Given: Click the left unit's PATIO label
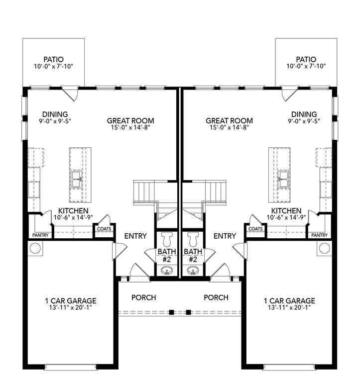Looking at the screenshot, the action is [53, 60].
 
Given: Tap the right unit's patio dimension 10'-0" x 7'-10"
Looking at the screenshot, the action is [306, 66].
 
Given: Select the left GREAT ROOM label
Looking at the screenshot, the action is [130, 120].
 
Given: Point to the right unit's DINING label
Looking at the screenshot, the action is [304, 114].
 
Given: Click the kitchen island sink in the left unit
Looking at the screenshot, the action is [77, 179].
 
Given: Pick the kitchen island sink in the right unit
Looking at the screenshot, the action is [283, 179].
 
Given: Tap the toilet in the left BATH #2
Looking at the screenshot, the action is [167, 239].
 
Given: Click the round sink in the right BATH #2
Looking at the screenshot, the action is [193, 271].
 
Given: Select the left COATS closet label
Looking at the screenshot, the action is [104, 229].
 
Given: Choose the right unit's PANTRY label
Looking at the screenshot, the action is [319, 235].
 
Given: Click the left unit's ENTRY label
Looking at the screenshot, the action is [135, 236].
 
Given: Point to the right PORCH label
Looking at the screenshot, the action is [216, 297].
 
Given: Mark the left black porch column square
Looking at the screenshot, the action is [172, 312].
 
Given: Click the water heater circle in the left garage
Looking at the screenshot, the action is [35, 249].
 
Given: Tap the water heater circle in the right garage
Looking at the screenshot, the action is [325, 249].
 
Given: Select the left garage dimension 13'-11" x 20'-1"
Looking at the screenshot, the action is [71, 307].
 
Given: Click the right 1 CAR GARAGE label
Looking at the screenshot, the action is [289, 301].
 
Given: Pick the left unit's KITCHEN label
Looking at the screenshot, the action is [73, 211].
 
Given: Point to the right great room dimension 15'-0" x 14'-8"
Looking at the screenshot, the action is [229, 127].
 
